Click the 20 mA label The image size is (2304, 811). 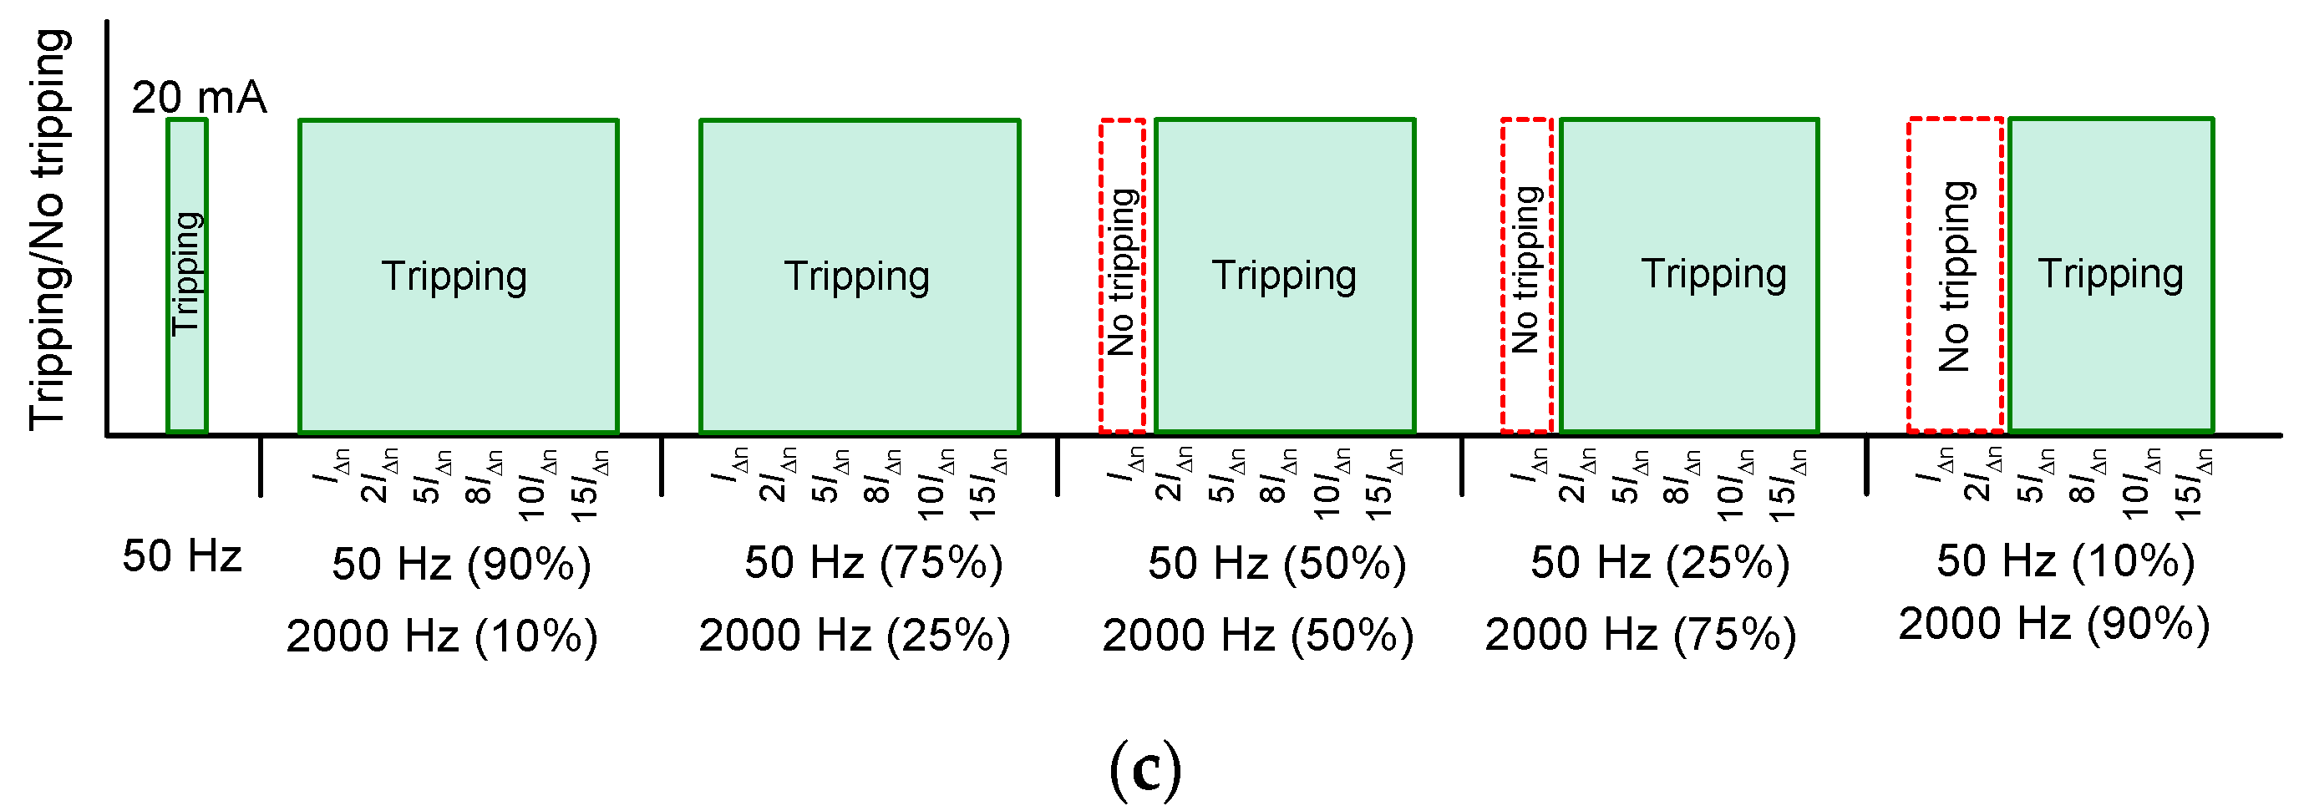pos(199,98)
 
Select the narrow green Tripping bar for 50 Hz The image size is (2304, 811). pos(187,276)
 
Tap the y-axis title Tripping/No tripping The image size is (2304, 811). pos(49,229)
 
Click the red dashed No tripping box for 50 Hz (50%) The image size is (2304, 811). pos(1122,276)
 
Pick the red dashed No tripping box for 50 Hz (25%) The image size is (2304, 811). pos(1526,276)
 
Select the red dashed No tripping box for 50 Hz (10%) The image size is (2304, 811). pos(1955,276)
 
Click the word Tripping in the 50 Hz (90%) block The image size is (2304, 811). pos(454,276)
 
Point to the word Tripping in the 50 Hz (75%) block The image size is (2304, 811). pos(857,276)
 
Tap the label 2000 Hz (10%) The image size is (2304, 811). pos(442,636)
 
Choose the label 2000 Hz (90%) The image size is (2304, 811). pos(2054,624)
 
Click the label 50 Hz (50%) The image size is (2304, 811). pos(1277,563)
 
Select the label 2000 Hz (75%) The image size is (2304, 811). pos(1641,636)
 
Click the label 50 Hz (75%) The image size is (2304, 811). pos(874,563)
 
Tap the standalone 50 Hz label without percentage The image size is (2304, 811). pos(181,556)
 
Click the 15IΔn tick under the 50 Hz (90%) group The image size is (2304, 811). pos(591,484)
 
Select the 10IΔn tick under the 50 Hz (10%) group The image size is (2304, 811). pos(2141,484)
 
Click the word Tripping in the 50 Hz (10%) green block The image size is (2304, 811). pos(2111,275)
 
